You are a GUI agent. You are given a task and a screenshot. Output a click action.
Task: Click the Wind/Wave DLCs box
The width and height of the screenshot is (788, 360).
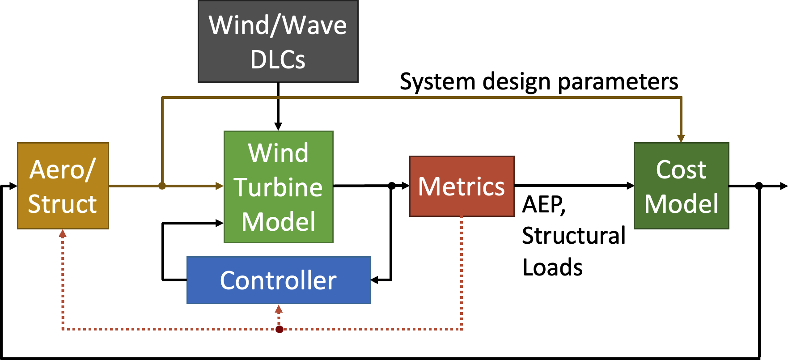point(278,42)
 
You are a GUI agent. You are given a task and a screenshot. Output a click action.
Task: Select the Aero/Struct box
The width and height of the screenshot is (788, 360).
point(63,186)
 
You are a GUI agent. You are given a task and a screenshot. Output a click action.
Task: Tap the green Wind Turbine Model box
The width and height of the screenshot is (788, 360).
point(278,187)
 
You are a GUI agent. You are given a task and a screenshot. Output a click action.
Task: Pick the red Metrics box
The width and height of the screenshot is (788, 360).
point(462,186)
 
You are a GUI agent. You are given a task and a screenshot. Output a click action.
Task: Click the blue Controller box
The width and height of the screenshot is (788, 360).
point(278,280)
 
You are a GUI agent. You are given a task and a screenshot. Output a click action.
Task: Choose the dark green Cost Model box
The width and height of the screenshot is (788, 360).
point(681,186)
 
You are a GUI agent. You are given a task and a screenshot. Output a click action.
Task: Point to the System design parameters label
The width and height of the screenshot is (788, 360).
point(539,82)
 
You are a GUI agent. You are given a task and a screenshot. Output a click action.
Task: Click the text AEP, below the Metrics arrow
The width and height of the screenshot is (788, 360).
point(544,205)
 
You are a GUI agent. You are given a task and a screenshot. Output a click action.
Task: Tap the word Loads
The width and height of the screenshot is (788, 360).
point(552,267)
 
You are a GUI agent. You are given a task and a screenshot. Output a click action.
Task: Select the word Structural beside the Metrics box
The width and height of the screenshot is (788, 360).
point(573,236)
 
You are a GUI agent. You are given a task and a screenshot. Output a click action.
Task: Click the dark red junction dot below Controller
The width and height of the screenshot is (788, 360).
point(280,330)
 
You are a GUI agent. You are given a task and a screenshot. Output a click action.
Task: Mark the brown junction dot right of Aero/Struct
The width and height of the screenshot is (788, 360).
point(162,186)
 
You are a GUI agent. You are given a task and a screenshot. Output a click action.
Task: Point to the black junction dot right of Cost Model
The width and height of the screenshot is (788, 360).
point(758,186)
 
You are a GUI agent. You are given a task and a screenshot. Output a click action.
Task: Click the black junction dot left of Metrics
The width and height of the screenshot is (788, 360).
point(391,186)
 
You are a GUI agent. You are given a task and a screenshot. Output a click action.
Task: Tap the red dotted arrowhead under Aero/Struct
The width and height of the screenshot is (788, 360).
point(63,233)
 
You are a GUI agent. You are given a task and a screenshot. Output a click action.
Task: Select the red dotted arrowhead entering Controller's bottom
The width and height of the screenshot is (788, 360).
point(279,309)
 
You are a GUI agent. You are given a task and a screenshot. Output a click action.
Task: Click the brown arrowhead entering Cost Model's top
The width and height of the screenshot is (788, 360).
point(681,139)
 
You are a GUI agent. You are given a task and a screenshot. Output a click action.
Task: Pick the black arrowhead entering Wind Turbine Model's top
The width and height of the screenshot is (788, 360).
point(278,127)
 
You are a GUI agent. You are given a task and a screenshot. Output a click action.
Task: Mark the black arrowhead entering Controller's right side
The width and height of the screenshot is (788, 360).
point(375,280)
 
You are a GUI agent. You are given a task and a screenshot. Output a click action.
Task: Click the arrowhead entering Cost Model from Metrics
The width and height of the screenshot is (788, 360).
point(630,186)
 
